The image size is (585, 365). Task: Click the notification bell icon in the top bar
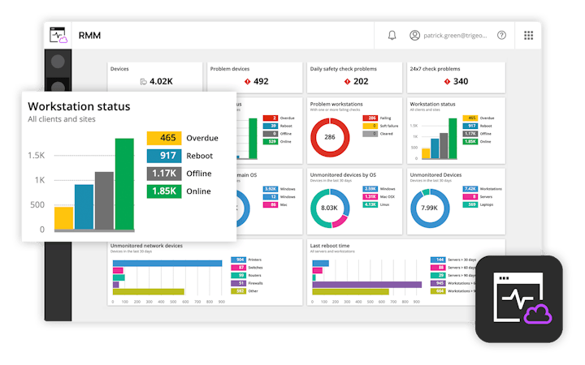(x=392, y=36)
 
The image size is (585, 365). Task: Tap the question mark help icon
(x=501, y=36)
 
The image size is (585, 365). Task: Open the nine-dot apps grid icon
(x=529, y=36)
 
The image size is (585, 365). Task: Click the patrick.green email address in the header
(x=456, y=36)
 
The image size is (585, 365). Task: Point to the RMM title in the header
(x=89, y=36)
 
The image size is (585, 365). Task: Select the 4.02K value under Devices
(x=161, y=81)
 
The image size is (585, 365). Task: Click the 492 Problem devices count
(x=261, y=81)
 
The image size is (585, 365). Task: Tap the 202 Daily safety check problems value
(x=361, y=81)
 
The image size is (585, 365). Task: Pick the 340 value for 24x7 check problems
(x=461, y=81)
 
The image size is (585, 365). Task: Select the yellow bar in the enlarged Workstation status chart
(x=63, y=218)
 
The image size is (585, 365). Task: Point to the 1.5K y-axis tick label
(x=36, y=155)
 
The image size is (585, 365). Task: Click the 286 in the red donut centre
(x=331, y=137)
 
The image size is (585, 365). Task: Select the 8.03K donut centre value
(x=329, y=208)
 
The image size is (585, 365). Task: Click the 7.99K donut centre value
(x=431, y=208)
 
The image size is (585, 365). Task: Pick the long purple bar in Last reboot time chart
(x=366, y=285)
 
